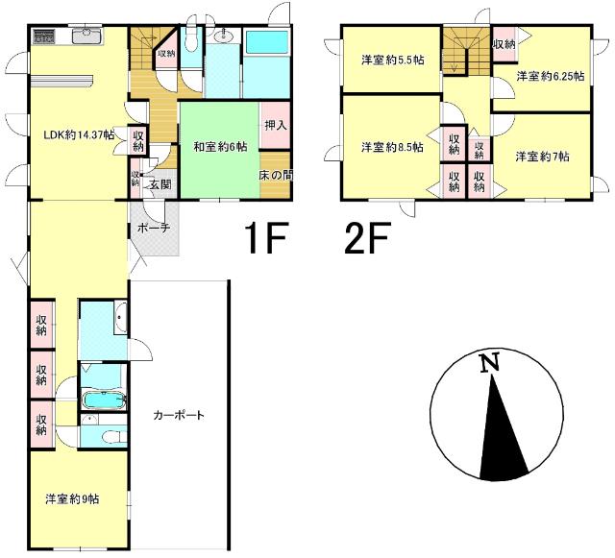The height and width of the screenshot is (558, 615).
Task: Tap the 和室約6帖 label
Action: [220, 147]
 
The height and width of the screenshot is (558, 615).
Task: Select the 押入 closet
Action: [275, 124]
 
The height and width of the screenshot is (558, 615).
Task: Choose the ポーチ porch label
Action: [153, 228]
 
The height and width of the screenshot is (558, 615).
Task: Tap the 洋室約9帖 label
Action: [73, 499]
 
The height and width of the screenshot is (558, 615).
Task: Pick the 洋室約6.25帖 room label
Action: [550, 76]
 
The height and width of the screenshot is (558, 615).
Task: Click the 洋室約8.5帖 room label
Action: [392, 147]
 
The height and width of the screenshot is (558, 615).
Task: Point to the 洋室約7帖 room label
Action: [542, 156]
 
